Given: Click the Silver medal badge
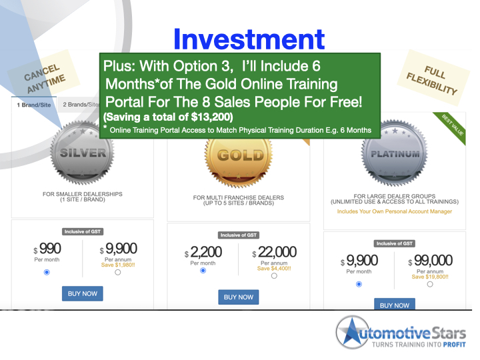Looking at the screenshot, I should click(83, 153).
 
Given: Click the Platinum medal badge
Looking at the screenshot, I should click(396, 155).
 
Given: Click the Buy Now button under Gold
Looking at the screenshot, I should click(238, 297).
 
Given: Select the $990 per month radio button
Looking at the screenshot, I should click(46, 272).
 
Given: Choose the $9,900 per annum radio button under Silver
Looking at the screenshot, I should click(118, 272).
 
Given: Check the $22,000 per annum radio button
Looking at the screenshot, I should click(274, 276).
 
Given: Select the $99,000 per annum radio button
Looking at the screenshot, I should click(429, 283).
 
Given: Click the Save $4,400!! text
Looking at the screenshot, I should click(273, 269).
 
